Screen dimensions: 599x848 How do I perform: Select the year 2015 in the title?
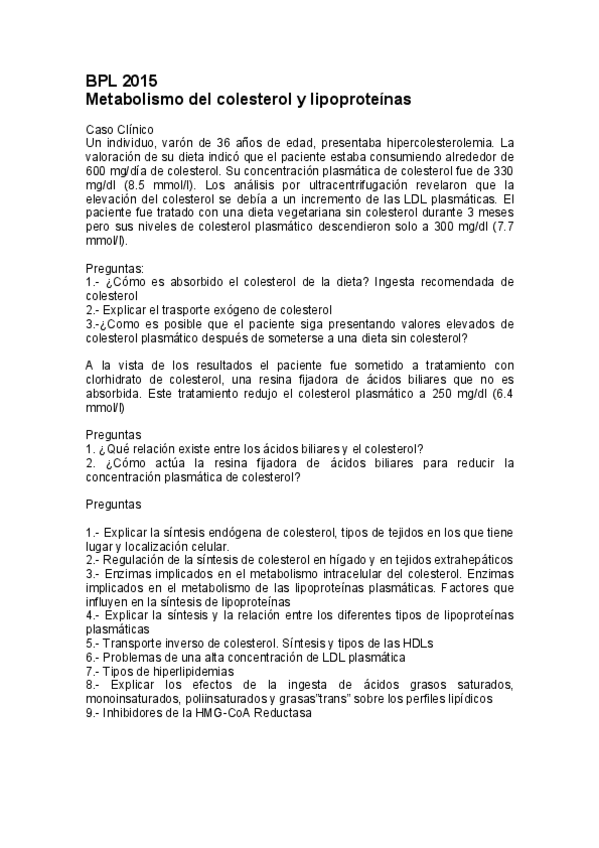pyautogui.click(x=141, y=82)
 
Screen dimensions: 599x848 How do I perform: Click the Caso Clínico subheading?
pyautogui.click(x=119, y=130)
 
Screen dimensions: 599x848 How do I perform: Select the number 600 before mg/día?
pyautogui.click(x=97, y=171)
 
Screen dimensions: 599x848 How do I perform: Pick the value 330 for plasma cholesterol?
pyautogui.click(x=502, y=171)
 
